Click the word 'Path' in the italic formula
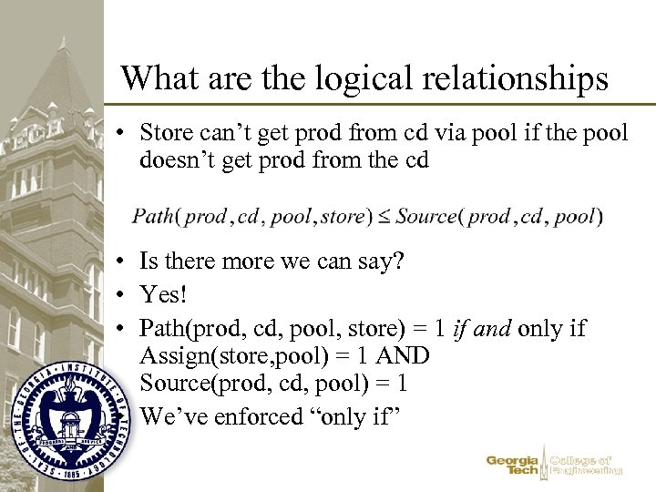155,216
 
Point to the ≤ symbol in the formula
384,217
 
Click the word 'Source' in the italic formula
425,216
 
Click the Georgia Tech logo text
513,465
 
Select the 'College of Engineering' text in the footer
587,465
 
